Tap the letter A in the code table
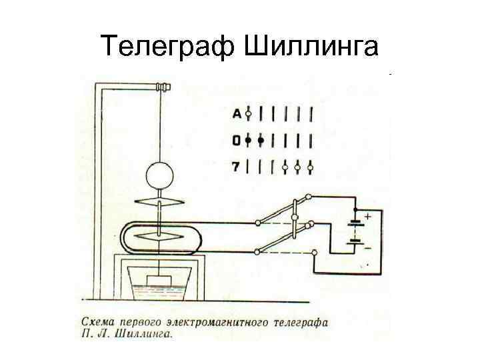[x=237, y=114]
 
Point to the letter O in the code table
[x=237, y=141]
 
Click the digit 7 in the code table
[x=236, y=167]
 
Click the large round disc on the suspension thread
[x=161, y=175]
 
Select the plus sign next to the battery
[x=367, y=217]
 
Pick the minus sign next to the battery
[x=367, y=248]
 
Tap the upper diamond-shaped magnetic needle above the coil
[x=161, y=201]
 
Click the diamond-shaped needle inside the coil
[x=161, y=236]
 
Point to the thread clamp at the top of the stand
[x=163, y=87]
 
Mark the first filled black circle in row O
[x=248, y=141]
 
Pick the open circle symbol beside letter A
[x=248, y=114]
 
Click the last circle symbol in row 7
[x=311, y=167]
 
